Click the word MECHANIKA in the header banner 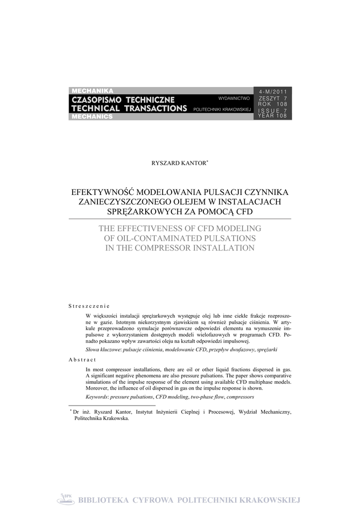pyautogui.click(x=92, y=90)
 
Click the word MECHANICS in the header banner pyautogui.click(x=92, y=117)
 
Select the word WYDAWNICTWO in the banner pyautogui.click(x=234, y=98)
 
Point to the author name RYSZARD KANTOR pyautogui.click(x=178, y=163)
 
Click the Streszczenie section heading pyautogui.click(x=89, y=306)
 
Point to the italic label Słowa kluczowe pyautogui.click(x=103, y=350)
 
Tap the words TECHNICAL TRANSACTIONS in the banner pyautogui.click(x=129, y=108)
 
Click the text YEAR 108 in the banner pyautogui.click(x=272, y=115)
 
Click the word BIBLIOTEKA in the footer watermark pyautogui.click(x=104, y=500)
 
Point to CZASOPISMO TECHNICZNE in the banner pyautogui.click(x=123, y=99)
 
